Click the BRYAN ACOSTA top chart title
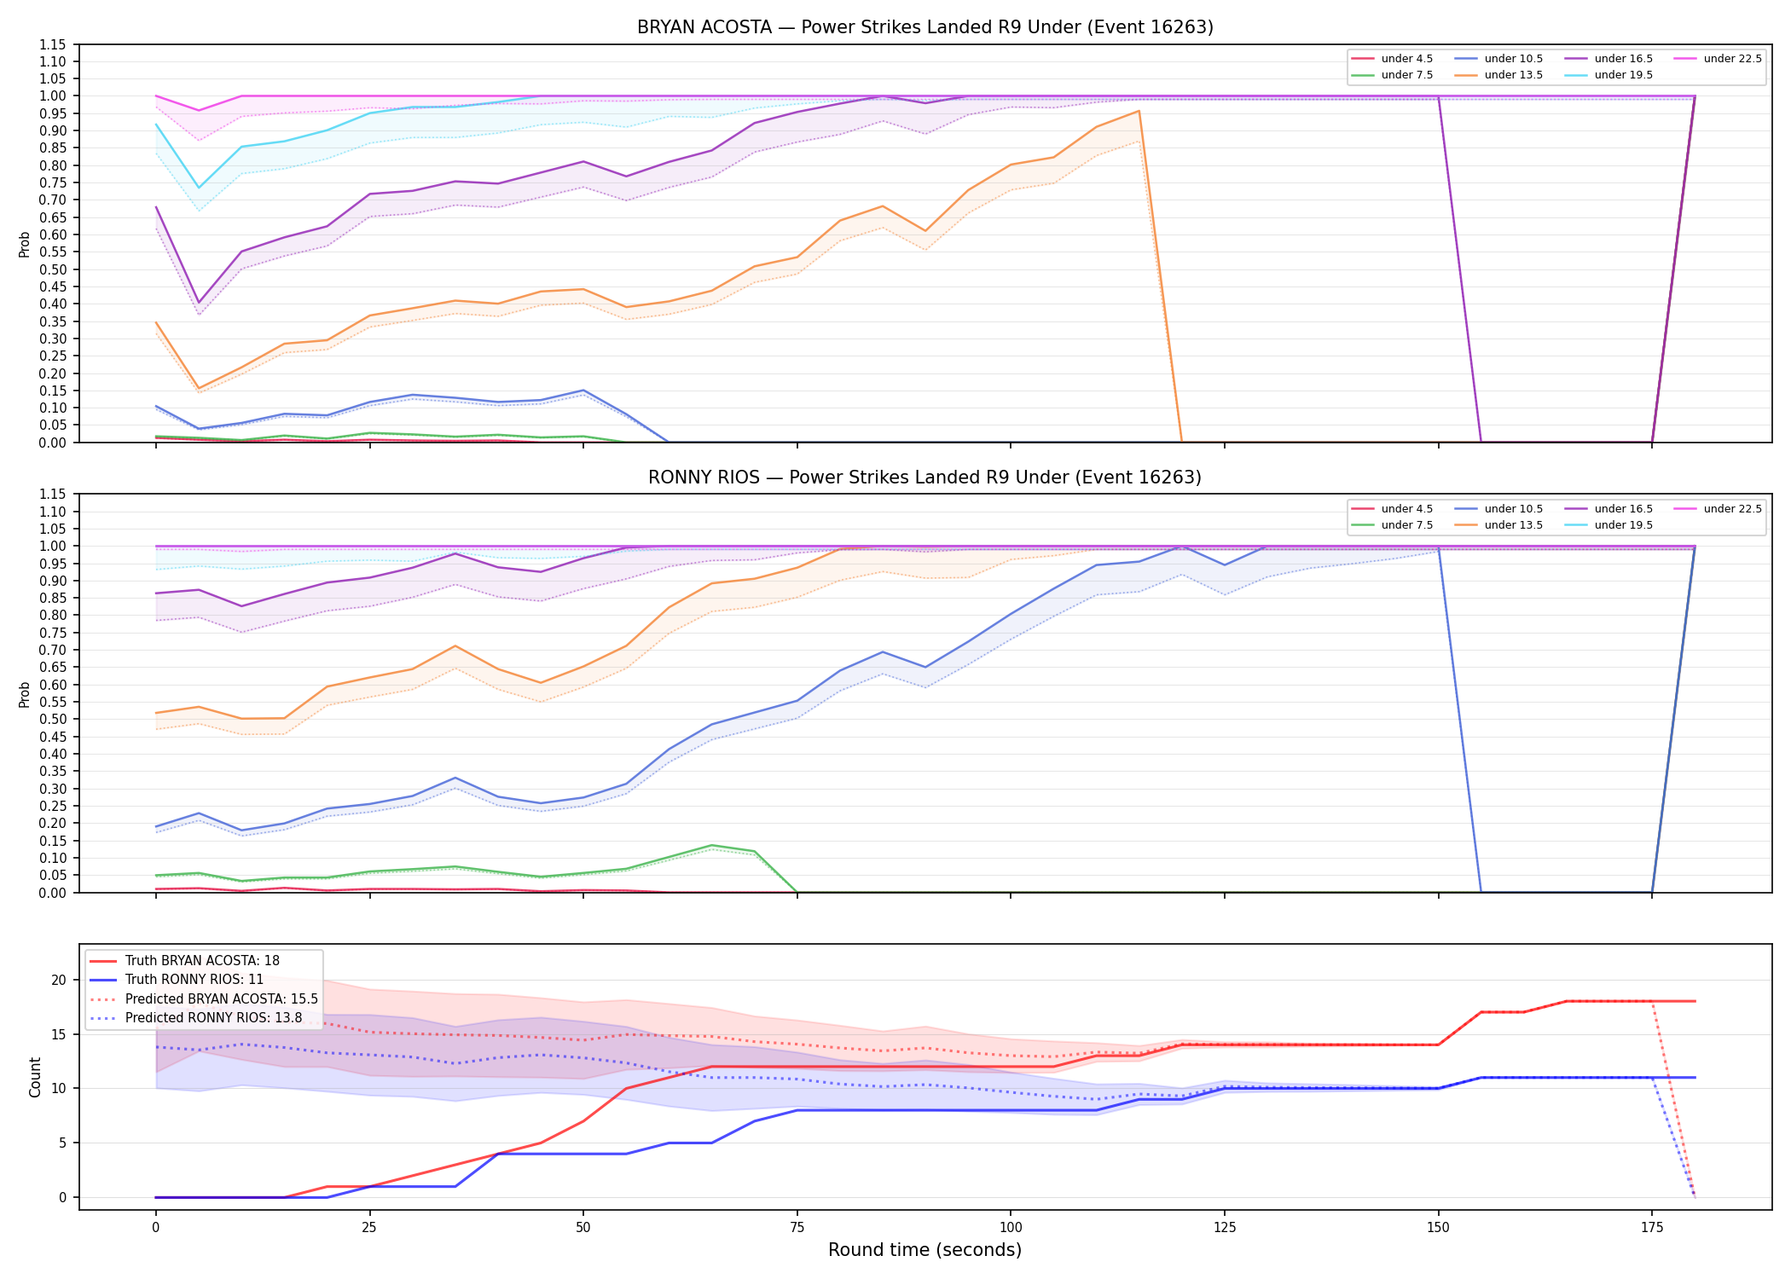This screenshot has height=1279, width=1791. [x=924, y=27]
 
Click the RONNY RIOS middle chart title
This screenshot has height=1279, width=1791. [x=924, y=477]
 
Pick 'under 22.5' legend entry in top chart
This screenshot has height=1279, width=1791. [x=1718, y=59]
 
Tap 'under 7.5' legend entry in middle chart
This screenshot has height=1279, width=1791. [x=1392, y=525]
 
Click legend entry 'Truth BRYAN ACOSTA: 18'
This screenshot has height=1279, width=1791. [x=184, y=961]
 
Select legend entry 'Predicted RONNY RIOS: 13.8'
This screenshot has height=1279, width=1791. [x=195, y=1017]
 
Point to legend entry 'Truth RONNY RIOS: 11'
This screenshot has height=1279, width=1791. [x=177, y=980]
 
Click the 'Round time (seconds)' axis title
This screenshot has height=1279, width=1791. [x=924, y=1250]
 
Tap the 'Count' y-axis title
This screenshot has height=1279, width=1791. [x=35, y=1077]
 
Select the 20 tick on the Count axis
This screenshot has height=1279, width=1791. [x=59, y=980]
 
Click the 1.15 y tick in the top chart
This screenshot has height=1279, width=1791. [x=53, y=44]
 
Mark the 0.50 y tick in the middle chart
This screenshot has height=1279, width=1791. [x=53, y=719]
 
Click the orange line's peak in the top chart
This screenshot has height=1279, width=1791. [x=1139, y=111]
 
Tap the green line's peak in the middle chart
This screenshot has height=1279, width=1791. [x=711, y=845]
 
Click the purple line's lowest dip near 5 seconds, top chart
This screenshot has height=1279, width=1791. [x=199, y=303]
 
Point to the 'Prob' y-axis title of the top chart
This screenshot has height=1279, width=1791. [x=25, y=244]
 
